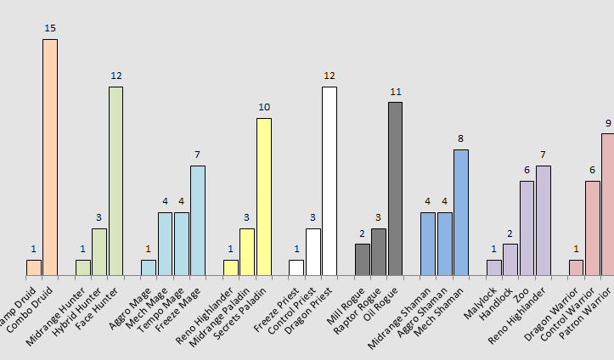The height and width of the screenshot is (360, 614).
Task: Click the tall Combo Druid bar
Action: pos(50,157)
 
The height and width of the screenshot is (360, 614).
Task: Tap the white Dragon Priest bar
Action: pos(330,181)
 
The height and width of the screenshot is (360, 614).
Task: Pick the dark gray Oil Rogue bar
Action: pos(395,188)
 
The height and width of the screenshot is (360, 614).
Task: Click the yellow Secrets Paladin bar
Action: pos(264,197)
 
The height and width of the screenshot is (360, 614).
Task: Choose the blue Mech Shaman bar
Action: pos(460,212)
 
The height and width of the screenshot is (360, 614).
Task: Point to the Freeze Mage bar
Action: pos(198,220)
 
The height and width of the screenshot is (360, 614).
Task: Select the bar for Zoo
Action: pos(527,228)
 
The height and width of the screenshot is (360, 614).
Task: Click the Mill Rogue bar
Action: pos(363,260)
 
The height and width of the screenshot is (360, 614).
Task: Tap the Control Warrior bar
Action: pos(592,228)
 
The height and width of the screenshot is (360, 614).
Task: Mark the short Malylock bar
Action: pos(493,267)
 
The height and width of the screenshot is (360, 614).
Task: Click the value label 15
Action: pos(50,29)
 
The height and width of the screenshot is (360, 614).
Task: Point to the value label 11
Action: pos(395,92)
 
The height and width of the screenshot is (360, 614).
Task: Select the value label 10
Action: pos(264,107)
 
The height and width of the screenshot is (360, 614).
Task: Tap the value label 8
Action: pos(460,138)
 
